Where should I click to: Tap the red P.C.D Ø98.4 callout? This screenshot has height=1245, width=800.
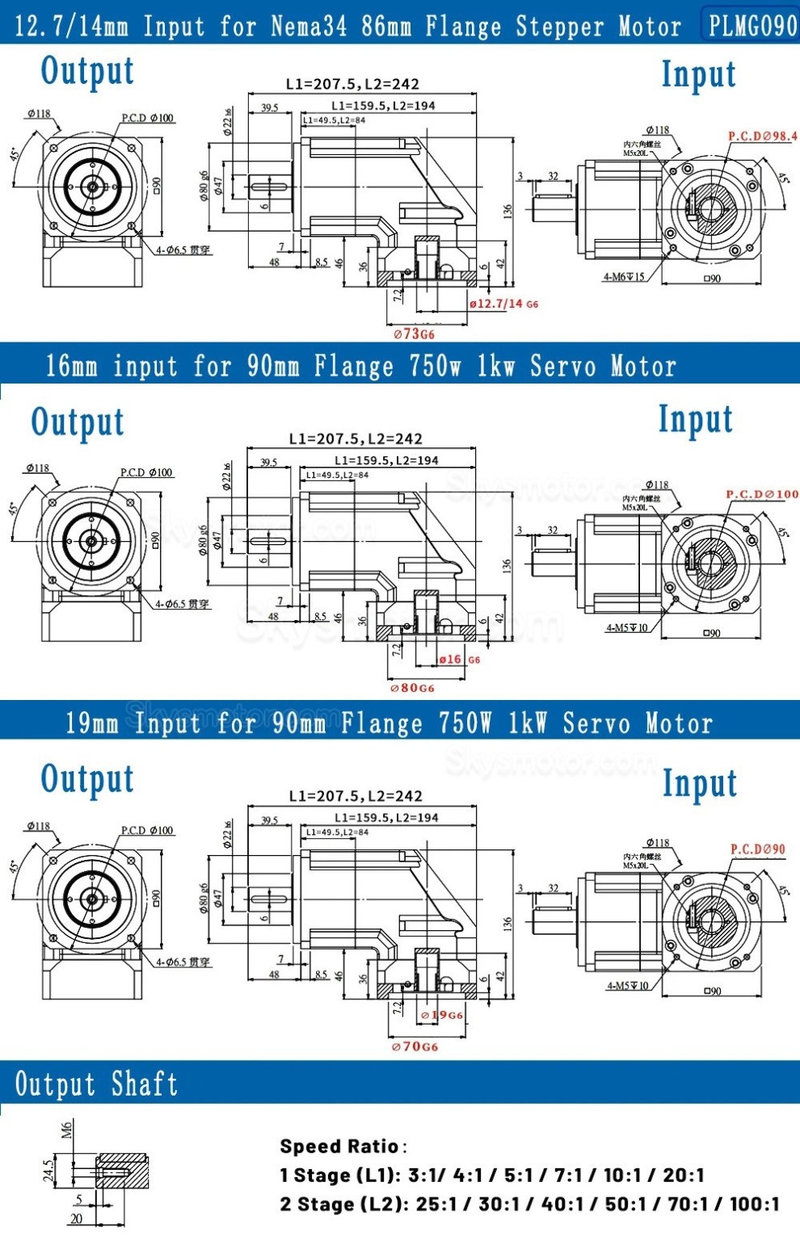point(762,136)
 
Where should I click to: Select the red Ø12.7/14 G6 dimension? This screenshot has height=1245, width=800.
point(503,304)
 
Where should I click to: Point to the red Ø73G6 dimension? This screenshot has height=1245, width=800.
point(414,333)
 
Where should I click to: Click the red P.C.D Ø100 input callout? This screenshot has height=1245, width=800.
point(762,494)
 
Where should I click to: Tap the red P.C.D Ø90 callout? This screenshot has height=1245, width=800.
point(757,849)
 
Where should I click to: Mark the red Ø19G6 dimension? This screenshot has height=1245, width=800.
point(442,1015)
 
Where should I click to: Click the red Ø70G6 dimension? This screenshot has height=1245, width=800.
point(415,1046)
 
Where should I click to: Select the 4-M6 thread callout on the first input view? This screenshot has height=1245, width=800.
point(624,277)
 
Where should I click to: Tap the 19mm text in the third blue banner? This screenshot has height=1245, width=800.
point(91,722)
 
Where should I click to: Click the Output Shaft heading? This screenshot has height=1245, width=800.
point(96,1084)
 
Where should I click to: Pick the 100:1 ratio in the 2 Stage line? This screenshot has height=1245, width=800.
point(755,1204)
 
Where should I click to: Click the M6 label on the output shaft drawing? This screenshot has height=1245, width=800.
point(67,1129)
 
